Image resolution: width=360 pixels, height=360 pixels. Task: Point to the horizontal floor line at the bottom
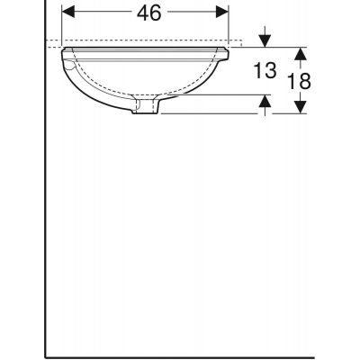(x=180, y=348)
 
